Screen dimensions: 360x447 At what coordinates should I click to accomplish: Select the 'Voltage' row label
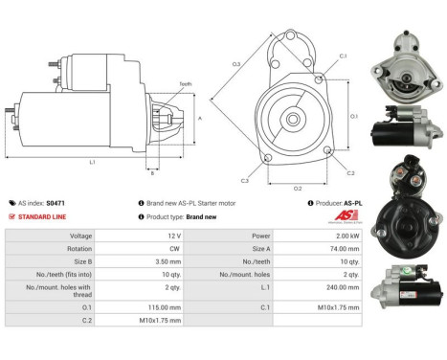tap(55, 235)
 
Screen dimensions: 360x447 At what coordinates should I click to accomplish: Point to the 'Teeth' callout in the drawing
tap(185, 84)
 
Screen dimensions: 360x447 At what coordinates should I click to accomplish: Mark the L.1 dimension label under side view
tap(92, 163)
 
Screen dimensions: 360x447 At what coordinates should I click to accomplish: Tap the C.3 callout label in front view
tap(245, 181)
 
